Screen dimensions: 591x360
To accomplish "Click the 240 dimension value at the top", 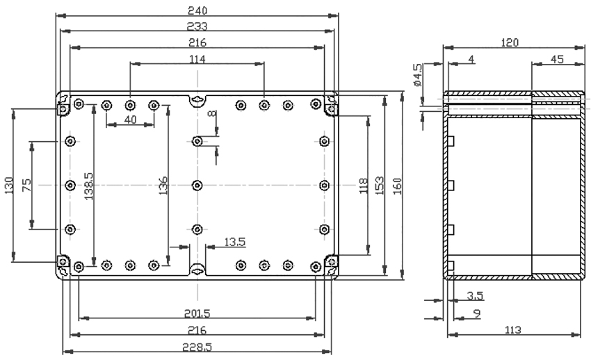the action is coord(197,10).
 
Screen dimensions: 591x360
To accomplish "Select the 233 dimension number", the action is coord(197,26).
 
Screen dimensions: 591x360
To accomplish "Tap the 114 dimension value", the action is coord(197,60).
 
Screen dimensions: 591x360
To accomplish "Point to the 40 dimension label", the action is coord(130,120).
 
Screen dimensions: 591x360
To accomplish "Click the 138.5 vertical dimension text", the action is coord(88,186).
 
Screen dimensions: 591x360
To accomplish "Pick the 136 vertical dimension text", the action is coord(163,186).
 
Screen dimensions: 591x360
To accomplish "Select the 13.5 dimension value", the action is coord(235,242).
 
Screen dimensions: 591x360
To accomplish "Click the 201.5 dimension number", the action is coord(197,313).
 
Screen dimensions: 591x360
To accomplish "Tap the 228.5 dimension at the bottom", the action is coord(197,347).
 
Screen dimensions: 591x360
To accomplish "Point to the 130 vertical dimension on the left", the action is coord(9,186).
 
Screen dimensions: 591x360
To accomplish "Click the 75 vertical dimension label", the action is coord(26,186).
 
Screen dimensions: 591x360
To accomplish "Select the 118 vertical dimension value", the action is coord(364,186).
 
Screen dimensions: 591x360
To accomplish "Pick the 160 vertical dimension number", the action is coord(397,186).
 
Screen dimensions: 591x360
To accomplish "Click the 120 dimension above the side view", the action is coord(510,42).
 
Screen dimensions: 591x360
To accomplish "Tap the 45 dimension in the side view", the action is coord(557,60).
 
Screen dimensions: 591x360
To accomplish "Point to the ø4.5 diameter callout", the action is coord(418,75).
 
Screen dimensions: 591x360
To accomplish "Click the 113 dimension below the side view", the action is coord(512,330).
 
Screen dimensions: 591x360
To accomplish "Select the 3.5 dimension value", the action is coord(475,296).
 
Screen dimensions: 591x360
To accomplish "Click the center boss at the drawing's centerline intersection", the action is coord(197,186).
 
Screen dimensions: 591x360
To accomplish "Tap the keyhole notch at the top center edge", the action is coord(197,100).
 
